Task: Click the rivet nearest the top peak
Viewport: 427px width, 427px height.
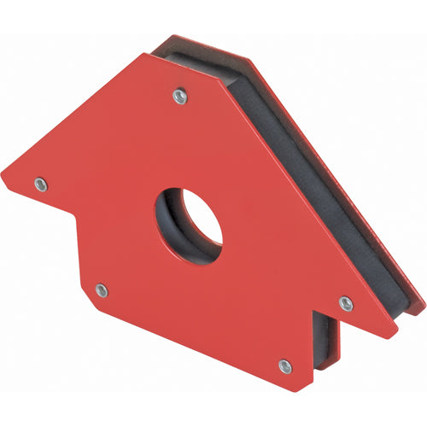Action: pyautogui.click(x=179, y=97)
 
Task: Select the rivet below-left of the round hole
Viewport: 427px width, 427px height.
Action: pyautogui.click(x=102, y=290)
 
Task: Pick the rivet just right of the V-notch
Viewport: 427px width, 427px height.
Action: pyautogui.click(x=346, y=302)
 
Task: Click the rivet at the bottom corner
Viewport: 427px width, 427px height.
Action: pyautogui.click(x=284, y=366)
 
